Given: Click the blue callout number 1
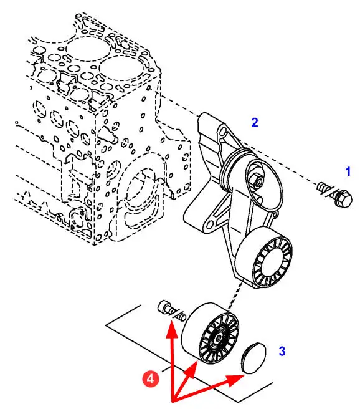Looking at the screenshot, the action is [348, 171].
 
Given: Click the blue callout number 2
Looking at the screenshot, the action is [255, 123].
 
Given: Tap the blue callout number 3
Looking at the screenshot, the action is [282, 351].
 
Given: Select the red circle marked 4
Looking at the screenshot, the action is [151, 378].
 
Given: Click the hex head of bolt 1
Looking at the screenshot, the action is [343, 199].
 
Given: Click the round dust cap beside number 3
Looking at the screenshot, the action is [253, 358].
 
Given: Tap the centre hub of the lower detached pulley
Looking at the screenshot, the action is [218, 339].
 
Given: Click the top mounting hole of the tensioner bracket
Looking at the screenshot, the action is [223, 132].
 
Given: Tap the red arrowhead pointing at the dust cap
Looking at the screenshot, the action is [236, 380].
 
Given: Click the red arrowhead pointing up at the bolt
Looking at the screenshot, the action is [172, 329].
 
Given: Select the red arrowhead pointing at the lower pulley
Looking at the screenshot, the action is [191, 369].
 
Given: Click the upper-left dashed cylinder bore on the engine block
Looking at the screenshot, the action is [87, 49].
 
